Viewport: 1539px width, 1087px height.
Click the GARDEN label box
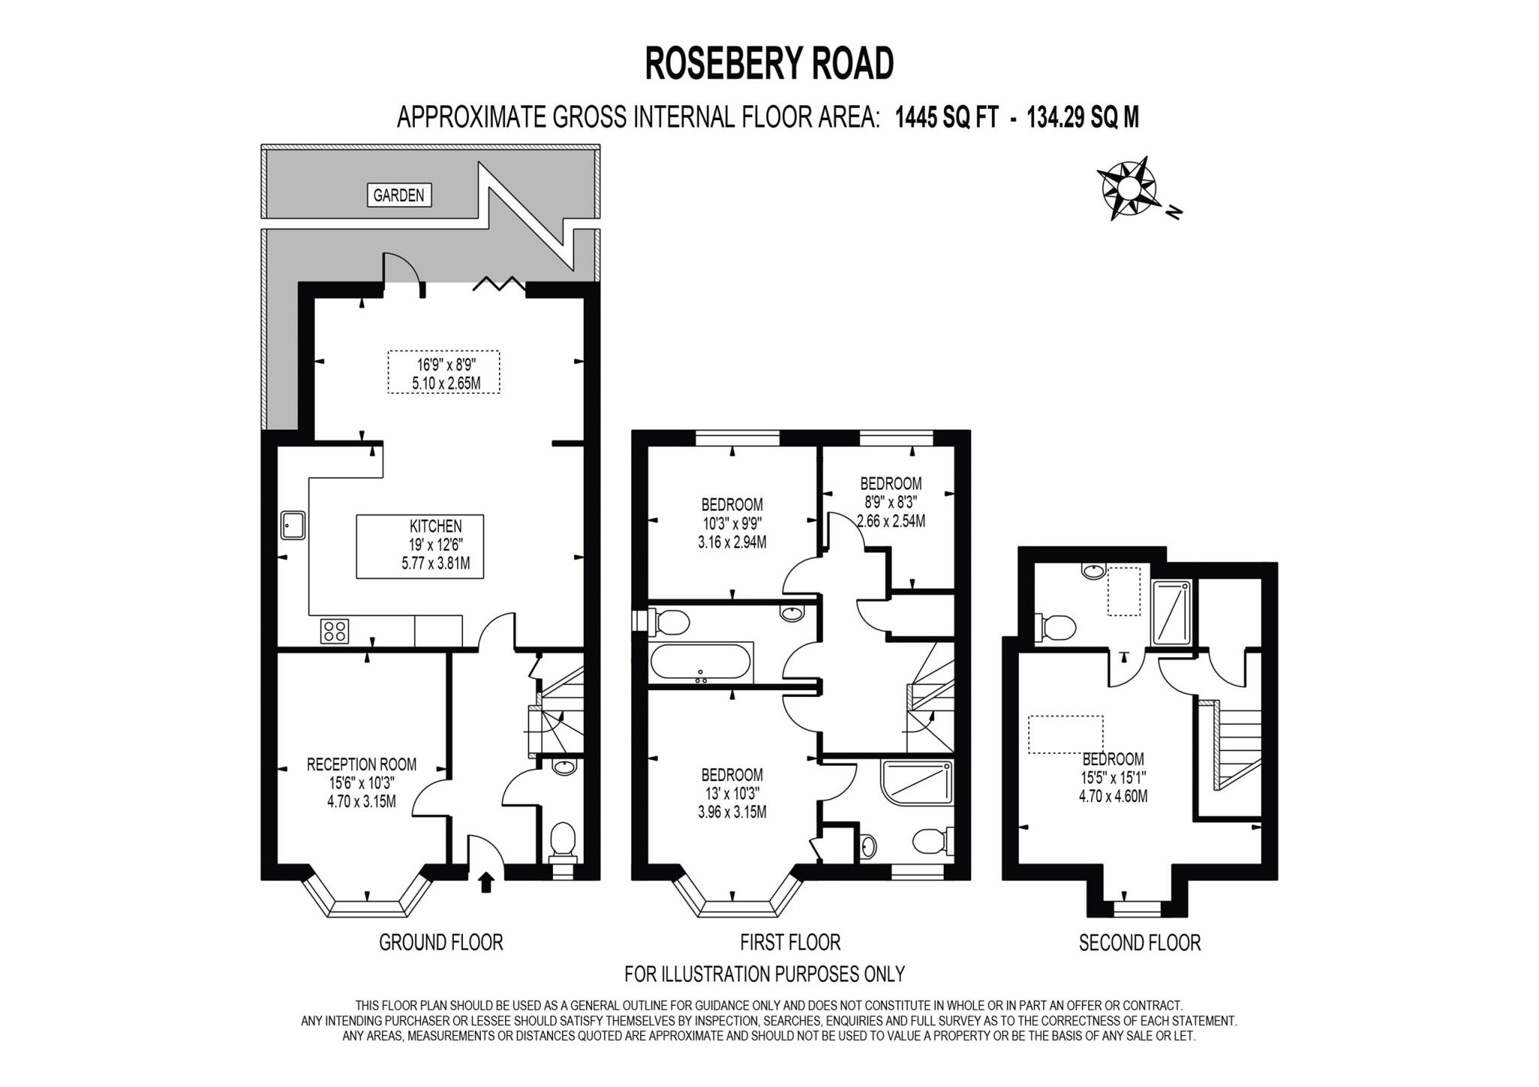[x=398, y=195]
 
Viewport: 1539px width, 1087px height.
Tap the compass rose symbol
[x=1127, y=188]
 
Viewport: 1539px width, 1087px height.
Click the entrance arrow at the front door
[x=486, y=881]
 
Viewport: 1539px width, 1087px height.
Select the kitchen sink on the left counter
[x=292, y=525]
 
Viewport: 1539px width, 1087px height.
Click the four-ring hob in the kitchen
[x=334, y=630]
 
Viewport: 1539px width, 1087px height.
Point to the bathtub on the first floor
[x=700, y=663]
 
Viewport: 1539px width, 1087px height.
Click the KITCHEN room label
[x=435, y=526]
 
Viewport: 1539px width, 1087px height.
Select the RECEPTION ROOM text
[x=361, y=765]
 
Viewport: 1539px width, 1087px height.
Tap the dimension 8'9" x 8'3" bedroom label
[x=890, y=502]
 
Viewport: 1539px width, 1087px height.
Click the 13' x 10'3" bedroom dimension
[x=731, y=793]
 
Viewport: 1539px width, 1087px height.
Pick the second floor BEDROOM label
[x=1113, y=759]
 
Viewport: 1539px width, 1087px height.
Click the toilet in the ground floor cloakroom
[x=563, y=841]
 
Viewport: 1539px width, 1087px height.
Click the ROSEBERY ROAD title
[x=769, y=63]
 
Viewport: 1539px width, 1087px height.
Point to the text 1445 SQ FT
[x=946, y=117]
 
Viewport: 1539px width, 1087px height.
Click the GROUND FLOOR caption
[x=440, y=942]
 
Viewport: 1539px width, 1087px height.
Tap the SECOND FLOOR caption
[x=1139, y=943]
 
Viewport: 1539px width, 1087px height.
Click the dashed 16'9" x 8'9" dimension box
[x=444, y=372]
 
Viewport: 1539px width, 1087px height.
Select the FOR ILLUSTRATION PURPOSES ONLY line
[x=764, y=974]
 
